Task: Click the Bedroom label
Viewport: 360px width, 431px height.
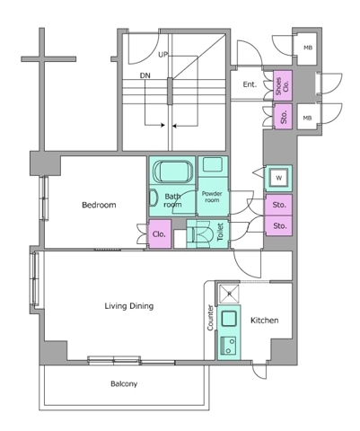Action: click(x=99, y=205)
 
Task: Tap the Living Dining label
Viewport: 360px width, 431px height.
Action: click(x=129, y=306)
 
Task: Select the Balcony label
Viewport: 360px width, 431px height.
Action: click(x=124, y=383)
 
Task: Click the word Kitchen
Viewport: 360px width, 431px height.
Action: click(x=265, y=321)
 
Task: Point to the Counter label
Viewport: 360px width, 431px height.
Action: click(x=210, y=318)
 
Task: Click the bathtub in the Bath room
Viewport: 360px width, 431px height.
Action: click(x=173, y=172)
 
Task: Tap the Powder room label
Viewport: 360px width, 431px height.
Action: click(x=212, y=197)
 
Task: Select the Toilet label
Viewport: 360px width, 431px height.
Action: click(x=220, y=232)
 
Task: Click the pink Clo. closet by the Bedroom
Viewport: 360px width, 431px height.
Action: click(x=160, y=234)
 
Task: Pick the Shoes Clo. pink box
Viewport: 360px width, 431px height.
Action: click(x=283, y=86)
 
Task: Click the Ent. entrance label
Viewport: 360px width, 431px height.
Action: click(x=250, y=84)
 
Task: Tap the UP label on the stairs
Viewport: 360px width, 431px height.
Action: click(x=163, y=55)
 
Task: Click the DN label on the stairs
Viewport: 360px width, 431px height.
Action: click(x=145, y=75)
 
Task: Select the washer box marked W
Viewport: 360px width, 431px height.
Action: click(x=279, y=179)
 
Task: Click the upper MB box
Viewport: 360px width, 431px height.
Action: click(x=308, y=48)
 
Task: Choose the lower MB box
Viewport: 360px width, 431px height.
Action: click(x=308, y=117)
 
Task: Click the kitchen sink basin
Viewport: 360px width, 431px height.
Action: click(x=229, y=319)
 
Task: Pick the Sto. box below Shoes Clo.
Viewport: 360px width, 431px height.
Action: click(x=283, y=117)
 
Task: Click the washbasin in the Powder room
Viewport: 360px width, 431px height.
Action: click(x=213, y=164)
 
